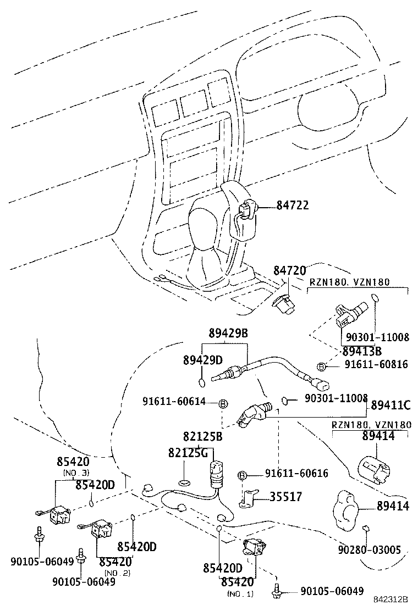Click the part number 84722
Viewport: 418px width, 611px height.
point(292,205)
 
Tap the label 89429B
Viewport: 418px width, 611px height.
point(228,333)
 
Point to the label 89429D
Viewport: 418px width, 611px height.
point(202,360)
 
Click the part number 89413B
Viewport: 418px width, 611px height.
point(361,350)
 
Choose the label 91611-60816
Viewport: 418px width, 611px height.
point(376,364)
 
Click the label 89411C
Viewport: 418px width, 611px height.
point(391,405)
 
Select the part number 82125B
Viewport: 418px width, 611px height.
point(203,437)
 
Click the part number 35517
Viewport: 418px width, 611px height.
point(285,497)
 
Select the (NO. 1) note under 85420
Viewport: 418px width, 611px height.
point(240,593)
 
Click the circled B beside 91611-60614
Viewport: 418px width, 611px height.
point(223,403)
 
